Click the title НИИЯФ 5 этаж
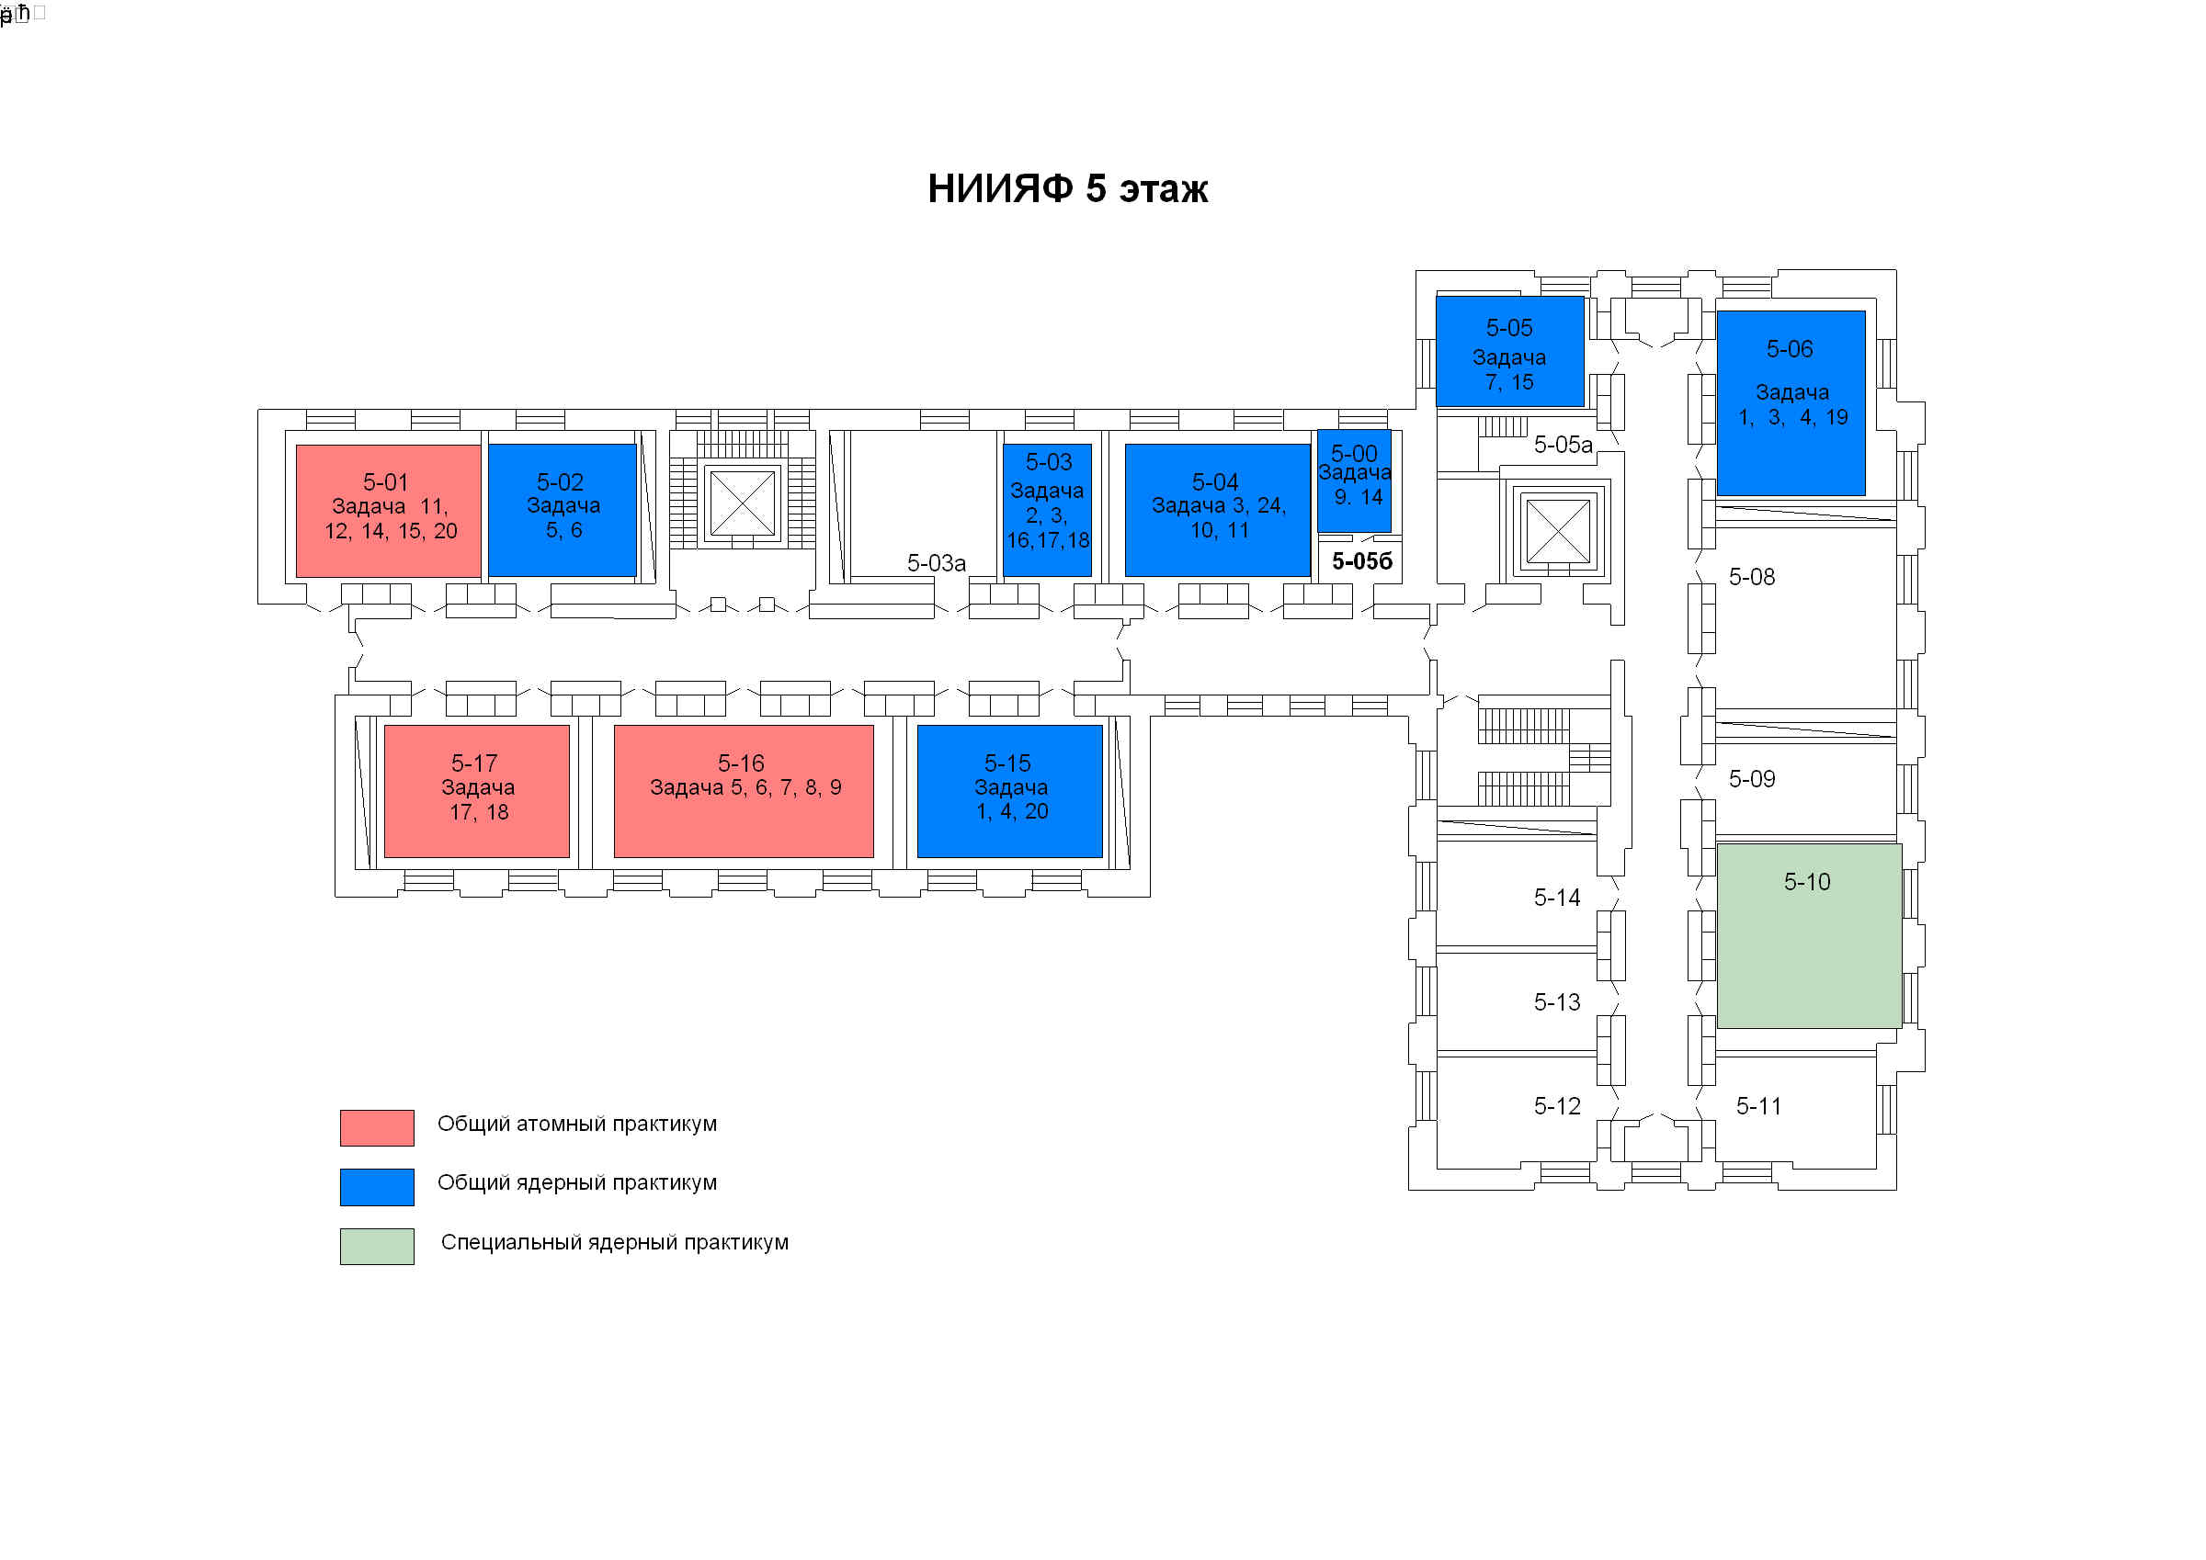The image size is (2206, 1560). tap(1066, 189)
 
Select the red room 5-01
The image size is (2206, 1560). tap(388, 510)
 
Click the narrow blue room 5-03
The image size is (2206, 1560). tap(1046, 509)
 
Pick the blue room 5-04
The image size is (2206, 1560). tap(1216, 509)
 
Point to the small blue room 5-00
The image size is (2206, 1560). tap(1353, 480)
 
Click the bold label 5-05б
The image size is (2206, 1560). tap(1361, 562)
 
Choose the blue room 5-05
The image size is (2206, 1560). tap(1508, 352)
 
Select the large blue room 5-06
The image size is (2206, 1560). tap(1790, 402)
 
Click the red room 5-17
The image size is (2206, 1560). tap(476, 791)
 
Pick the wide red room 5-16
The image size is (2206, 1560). tap(743, 791)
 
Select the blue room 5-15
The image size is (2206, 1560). tap(1009, 791)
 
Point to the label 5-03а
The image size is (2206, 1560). tap(936, 563)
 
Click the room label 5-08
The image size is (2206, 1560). tap(1751, 577)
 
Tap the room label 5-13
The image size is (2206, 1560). tap(1556, 1002)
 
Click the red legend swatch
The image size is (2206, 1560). tap(377, 1126)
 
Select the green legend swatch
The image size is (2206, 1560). tap(377, 1246)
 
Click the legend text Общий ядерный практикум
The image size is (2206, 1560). tap(576, 1182)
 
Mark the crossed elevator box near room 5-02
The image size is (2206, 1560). tap(742, 503)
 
